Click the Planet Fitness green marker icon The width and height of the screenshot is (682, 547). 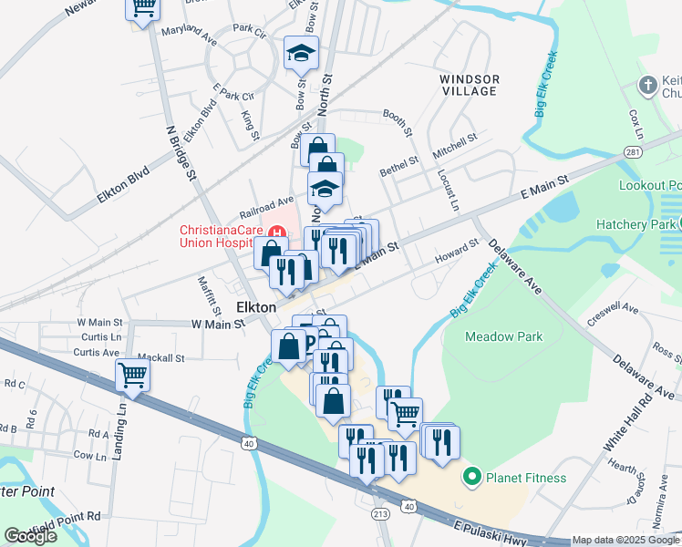[471, 477]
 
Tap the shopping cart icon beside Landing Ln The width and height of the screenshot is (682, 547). [133, 375]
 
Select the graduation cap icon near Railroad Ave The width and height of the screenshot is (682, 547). [323, 189]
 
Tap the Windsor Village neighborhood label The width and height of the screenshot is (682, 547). [470, 85]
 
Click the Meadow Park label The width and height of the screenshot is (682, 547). [503, 336]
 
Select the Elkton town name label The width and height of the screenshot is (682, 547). [256, 308]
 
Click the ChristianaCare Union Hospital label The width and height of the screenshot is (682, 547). [233, 238]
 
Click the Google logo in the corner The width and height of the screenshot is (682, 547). [31, 536]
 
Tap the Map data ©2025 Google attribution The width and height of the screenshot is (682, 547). [625, 541]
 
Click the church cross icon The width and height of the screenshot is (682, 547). [647, 86]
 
